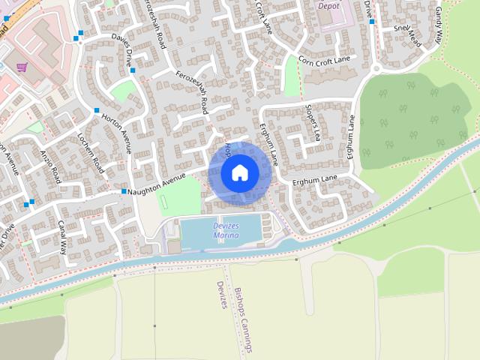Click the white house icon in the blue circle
coord(239,173)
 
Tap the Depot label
coord(328,5)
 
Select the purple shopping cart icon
coord(22,67)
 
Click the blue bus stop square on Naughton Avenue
coord(124,192)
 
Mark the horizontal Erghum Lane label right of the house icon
coord(315,181)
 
